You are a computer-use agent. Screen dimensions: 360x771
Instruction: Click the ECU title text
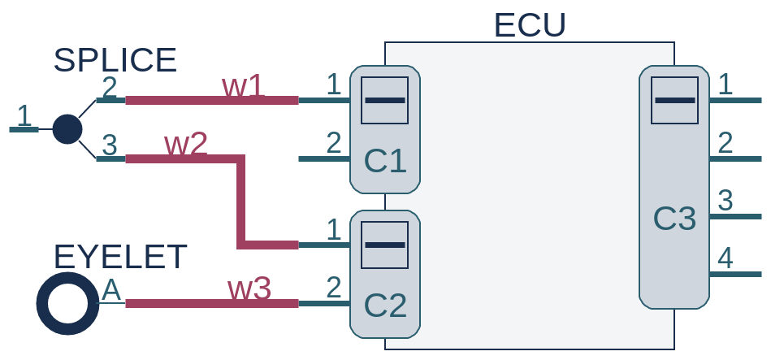pos(529,25)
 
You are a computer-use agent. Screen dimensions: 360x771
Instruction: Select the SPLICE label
pos(115,60)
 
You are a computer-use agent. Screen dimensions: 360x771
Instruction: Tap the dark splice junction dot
pos(67,128)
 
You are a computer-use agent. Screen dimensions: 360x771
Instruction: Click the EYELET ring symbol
pos(67,303)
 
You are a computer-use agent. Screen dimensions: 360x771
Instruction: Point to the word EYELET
pos(120,257)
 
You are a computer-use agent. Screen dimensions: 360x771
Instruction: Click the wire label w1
pos(243,86)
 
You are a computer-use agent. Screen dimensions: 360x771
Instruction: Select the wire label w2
pos(186,144)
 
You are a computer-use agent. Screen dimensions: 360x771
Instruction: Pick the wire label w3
pos(249,288)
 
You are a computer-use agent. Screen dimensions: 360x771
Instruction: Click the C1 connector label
pos(385,161)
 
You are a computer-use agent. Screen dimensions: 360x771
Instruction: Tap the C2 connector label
pos(385,305)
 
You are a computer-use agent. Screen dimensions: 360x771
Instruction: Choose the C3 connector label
pos(675,218)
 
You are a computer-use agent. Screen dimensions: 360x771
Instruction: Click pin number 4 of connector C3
pos(726,258)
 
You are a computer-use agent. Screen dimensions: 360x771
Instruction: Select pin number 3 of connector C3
pos(726,200)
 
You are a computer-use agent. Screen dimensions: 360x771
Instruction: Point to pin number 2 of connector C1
pos(333,143)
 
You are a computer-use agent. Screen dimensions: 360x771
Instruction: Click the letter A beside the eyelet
pos(110,289)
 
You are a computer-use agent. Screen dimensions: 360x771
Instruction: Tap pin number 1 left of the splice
pos(24,115)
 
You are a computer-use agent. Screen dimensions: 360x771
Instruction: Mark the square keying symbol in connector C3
pos(675,100)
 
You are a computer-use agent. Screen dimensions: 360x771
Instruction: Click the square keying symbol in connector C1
pos(384,100)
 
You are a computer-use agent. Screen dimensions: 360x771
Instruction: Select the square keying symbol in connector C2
pos(384,245)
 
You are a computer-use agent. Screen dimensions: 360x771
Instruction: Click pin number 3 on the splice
pos(109,145)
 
